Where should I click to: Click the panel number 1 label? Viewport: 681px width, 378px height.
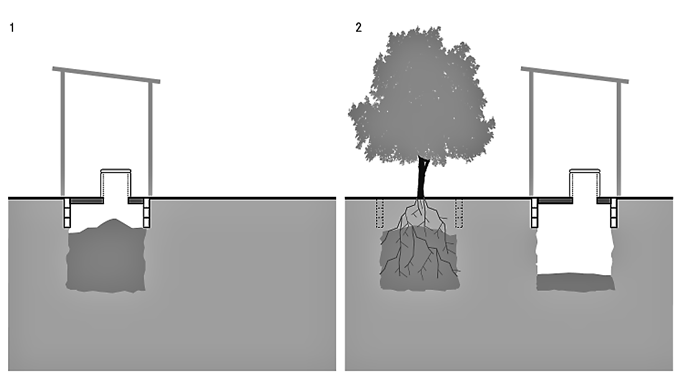point(12,28)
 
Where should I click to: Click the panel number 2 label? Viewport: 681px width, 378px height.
point(359,28)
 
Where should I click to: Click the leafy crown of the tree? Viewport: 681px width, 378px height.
point(421,98)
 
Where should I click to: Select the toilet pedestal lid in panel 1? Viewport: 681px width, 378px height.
point(116,171)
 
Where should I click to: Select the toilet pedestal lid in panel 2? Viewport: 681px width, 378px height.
point(585,171)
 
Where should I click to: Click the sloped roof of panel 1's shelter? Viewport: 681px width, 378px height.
point(106,75)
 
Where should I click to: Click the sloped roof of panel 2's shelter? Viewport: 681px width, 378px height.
point(575,75)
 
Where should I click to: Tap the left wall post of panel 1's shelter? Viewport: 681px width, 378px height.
point(62,133)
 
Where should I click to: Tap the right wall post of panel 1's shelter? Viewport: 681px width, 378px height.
point(151,139)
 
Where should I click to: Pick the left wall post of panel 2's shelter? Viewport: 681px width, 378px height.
point(531,133)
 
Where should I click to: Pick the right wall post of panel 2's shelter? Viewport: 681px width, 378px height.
point(619,139)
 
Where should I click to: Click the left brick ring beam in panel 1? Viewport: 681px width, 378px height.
point(67,213)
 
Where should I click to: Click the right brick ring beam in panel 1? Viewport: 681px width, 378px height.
point(147,213)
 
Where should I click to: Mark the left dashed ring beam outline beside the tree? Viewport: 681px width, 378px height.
point(380,214)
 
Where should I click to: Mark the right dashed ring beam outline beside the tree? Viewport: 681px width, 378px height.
point(459,214)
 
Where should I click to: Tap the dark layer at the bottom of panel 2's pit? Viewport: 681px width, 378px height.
point(575,282)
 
